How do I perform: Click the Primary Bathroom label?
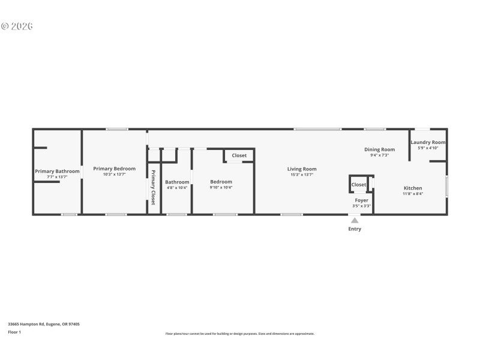(57, 172)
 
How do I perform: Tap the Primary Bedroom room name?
(115, 169)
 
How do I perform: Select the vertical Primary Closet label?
(153, 188)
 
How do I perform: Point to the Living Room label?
(302, 169)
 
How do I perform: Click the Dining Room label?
(379, 149)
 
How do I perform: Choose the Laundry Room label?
(428, 142)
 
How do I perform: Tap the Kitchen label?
(413, 188)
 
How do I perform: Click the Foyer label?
(361, 200)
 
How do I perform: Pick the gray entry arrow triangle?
(355, 220)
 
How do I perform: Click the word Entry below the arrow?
(355, 229)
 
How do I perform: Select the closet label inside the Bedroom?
(239, 155)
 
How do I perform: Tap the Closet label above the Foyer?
(359, 185)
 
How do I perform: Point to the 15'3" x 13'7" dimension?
(302, 175)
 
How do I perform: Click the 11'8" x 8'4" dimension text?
(413, 194)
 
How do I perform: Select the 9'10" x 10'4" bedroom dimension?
(221, 187)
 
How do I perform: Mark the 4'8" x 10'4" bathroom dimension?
(177, 188)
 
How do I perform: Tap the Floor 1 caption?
(14, 332)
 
